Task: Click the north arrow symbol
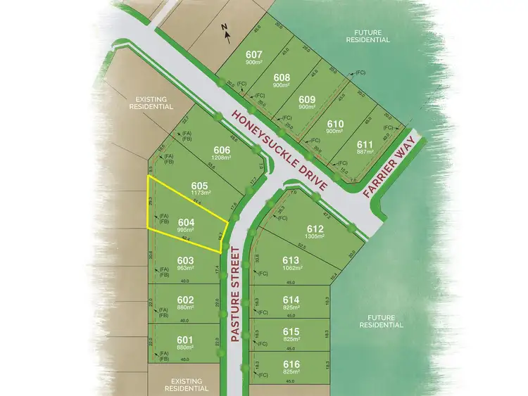point(225,30)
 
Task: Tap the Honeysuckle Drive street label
point(280,150)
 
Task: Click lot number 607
point(254,54)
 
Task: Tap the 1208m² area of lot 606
point(222,158)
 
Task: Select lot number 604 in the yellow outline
point(187,221)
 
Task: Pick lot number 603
point(184,260)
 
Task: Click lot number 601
point(184,338)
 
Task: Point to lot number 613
point(291,260)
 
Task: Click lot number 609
point(307,99)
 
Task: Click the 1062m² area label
point(291,268)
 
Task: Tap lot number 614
point(291,299)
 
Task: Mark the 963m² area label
point(184,268)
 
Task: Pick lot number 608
point(282,77)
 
